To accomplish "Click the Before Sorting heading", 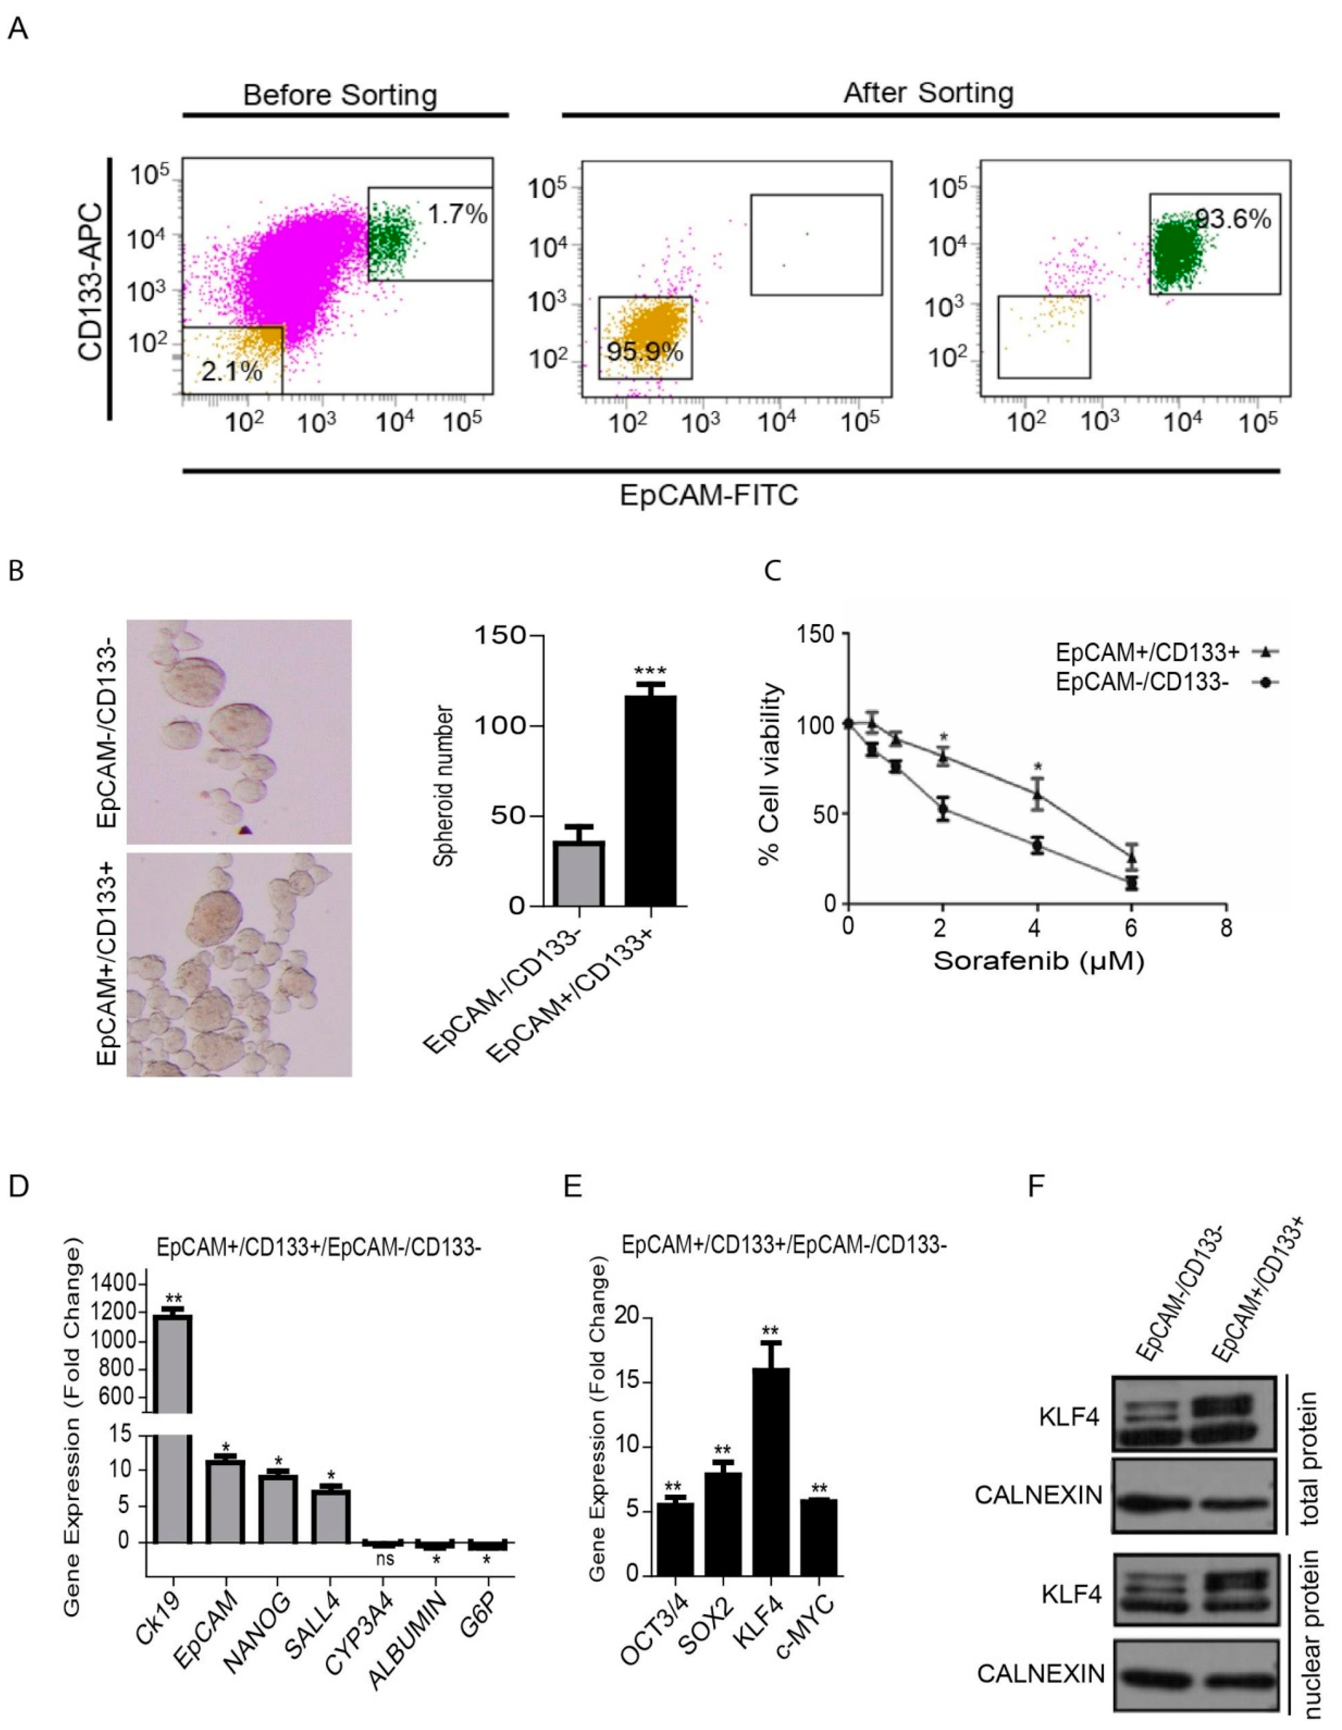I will coord(340,95).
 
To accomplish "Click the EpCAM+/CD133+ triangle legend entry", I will coord(1167,652).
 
